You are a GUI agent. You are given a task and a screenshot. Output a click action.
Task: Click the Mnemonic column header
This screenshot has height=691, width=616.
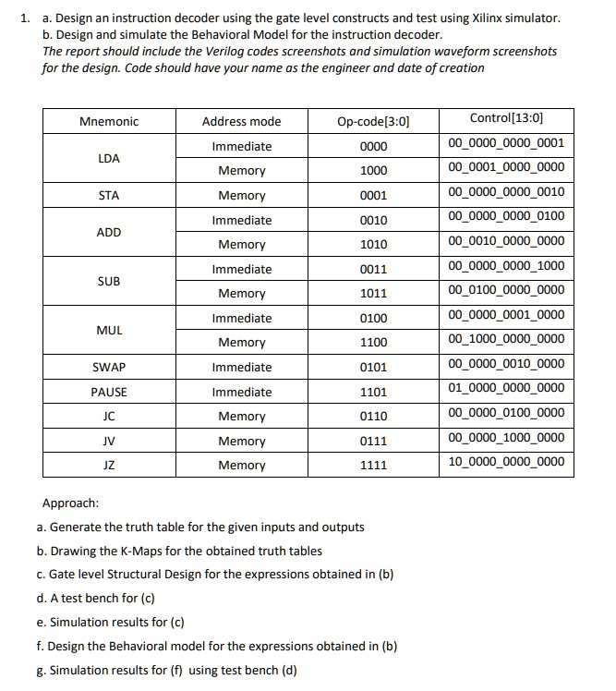[109, 122]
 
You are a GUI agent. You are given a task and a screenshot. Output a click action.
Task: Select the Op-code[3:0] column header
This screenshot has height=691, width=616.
[373, 122]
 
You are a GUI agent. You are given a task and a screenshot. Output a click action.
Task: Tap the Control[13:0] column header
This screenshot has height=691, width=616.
[506, 118]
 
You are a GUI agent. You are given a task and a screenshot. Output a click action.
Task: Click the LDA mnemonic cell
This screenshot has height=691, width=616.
[109, 159]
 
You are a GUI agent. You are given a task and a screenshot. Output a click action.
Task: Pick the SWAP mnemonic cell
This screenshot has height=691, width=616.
[109, 368]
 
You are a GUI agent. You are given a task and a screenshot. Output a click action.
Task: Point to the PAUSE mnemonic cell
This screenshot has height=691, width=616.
[109, 393]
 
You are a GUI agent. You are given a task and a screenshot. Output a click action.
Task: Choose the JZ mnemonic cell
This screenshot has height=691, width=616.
[109, 466]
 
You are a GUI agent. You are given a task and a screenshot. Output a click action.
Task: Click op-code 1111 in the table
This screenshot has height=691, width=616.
[373, 466]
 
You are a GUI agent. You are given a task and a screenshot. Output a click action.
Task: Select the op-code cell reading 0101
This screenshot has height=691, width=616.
[373, 368]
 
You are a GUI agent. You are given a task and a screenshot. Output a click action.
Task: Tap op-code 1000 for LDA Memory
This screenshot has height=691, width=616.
[373, 171]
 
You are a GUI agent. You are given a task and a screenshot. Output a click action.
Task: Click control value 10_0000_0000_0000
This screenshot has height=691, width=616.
[506, 461]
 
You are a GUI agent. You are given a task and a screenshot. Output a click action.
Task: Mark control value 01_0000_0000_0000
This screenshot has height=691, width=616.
[506, 387]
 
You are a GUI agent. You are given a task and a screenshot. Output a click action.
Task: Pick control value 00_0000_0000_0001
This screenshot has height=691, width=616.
[506, 143]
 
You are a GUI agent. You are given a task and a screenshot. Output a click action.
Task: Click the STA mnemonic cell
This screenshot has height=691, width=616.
[109, 196]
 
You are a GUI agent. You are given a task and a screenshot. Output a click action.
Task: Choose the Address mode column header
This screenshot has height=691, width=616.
[242, 122]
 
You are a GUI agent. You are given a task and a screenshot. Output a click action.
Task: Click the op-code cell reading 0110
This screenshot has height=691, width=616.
[373, 417]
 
